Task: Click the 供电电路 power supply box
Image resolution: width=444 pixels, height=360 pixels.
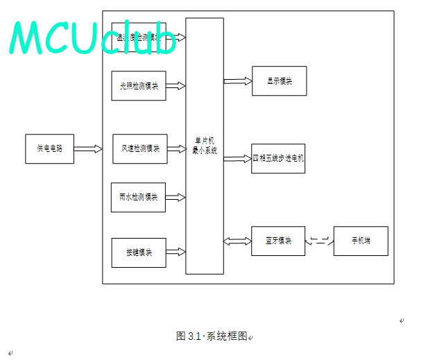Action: click(x=49, y=148)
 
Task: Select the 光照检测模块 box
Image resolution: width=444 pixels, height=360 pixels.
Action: click(x=139, y=86)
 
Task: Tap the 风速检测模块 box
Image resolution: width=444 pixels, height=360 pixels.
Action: click(x=140, y=148)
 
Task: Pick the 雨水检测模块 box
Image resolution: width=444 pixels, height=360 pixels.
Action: click(x=138, y=197)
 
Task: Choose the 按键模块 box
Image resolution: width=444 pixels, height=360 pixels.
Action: click(x=139, y=252)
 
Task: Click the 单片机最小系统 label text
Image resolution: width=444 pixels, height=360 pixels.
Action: click(x=205, y=146)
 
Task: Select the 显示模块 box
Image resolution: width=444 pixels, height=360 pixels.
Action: click(x=279, y=81)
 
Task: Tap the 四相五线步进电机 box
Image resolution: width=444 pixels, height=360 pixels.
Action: click(x=278, y=158)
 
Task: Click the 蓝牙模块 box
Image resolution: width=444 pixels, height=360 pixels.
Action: click(x=278, y=241)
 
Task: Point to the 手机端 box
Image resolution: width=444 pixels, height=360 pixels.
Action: click(x=361, y=241)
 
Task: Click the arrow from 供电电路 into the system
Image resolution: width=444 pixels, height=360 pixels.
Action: click(x=87, y=148)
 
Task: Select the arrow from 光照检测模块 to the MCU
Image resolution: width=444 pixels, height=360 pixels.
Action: click(x=176, y=86)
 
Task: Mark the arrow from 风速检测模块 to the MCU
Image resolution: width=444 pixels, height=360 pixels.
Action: click(x=176, y=148)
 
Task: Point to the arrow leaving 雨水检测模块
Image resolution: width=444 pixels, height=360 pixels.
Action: click(x=176, y=197)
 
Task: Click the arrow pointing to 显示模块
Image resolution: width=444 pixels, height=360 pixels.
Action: click(x=237, y=81)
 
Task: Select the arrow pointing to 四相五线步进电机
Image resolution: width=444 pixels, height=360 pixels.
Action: click(x=237, y=158)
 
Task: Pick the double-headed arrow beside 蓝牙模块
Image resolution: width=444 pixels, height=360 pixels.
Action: click(x=237, y=241)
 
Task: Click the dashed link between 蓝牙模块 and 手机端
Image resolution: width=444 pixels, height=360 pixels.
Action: click(x=319, y=241)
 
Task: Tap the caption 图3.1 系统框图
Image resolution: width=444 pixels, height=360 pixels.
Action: click(x=212, y=336)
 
